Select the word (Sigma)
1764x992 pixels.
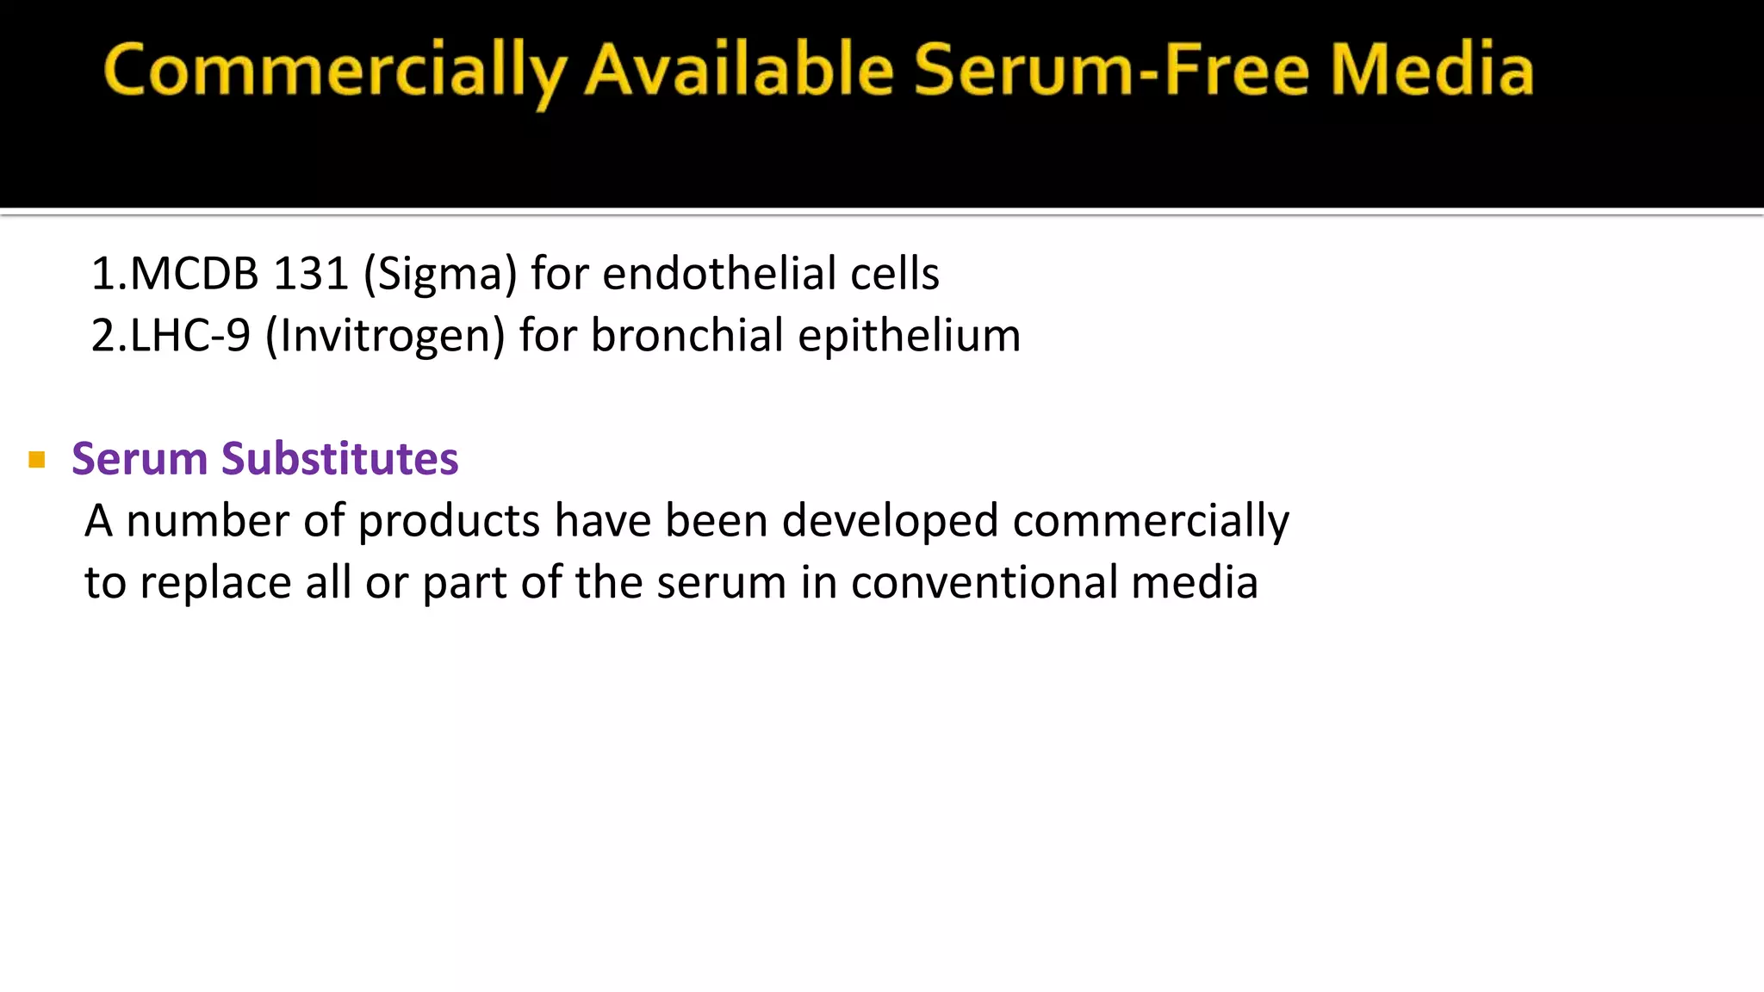[440, 275]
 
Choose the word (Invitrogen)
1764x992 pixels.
[385, 336]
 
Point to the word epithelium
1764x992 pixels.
[909, 336]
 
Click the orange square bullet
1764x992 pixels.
[36, 460]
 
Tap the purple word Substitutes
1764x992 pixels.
[339, 458]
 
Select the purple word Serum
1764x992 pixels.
[140, 458]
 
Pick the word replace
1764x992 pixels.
[215, 583]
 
